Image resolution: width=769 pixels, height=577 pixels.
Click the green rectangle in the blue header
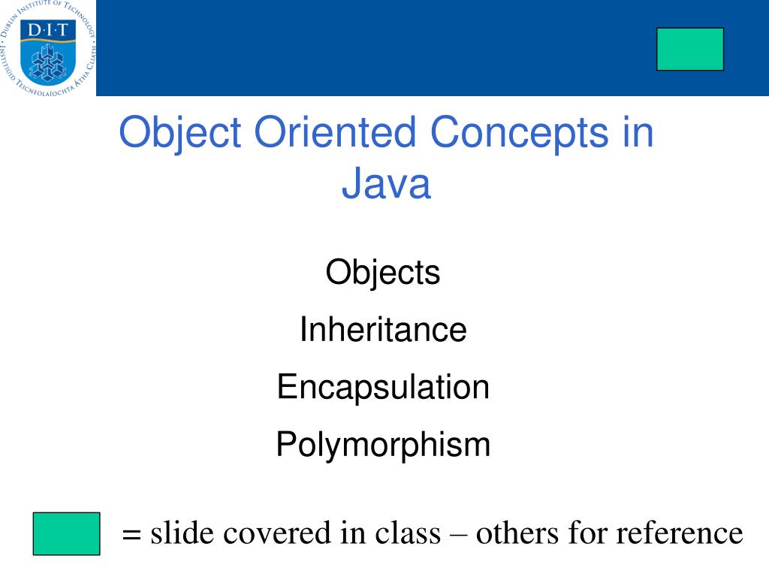689,50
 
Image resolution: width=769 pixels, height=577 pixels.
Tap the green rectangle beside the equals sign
66,533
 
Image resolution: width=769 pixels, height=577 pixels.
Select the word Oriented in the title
335,134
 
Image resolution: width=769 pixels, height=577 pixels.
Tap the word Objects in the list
383,272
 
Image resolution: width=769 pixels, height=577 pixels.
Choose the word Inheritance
383,329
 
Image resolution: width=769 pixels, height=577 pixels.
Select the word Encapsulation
383,387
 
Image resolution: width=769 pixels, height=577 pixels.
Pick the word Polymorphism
383,445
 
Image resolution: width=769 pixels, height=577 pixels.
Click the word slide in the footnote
179,533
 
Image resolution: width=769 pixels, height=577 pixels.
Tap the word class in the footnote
409,533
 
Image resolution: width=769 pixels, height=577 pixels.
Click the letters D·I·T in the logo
47,30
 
